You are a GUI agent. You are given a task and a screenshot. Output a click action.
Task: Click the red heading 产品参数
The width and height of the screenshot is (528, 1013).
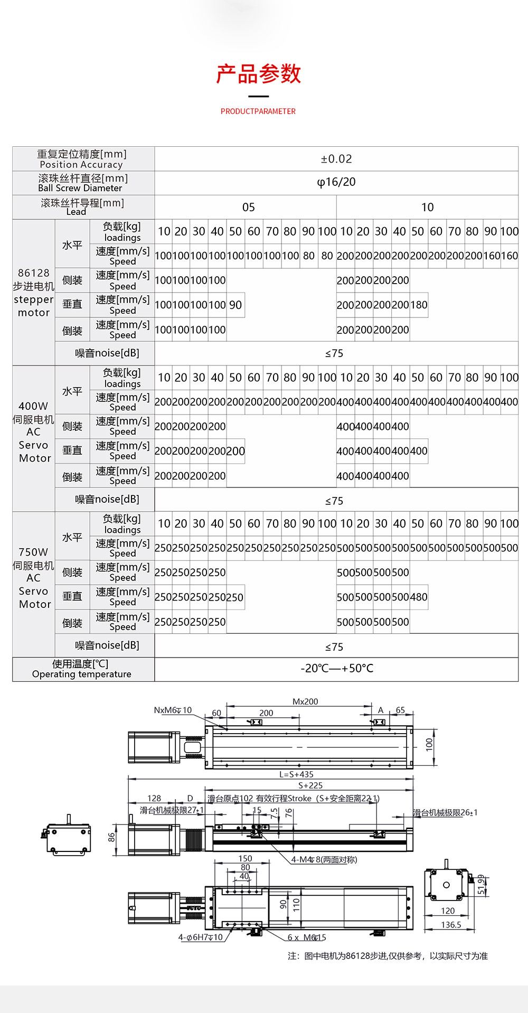coord(258,74)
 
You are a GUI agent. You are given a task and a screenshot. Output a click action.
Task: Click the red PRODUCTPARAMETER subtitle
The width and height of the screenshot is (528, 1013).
coord(258,111)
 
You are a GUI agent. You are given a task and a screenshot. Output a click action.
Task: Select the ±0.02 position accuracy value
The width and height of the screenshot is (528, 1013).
coord(336,159)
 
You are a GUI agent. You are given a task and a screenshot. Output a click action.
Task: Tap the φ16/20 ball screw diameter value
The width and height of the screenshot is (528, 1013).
coord(336,182)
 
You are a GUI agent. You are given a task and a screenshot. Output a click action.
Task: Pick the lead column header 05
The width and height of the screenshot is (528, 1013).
coord(248,207)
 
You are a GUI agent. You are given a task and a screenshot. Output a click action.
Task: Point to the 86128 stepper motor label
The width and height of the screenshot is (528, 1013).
coord(33,293)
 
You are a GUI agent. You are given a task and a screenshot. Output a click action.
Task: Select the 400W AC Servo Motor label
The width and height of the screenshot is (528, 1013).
coord(33,432)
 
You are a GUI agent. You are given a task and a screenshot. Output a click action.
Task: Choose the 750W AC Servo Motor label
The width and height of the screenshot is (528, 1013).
coord(33,578)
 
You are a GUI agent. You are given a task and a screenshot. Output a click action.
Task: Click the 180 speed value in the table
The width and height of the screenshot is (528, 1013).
coord(419,305)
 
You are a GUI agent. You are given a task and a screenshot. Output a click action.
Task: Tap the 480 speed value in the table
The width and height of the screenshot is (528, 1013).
coord(419,597)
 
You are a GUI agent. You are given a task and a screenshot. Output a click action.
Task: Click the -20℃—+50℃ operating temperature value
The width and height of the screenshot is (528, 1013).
coord(336,669)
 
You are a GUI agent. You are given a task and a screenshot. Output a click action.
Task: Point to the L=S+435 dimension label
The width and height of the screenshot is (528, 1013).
coord(296,774)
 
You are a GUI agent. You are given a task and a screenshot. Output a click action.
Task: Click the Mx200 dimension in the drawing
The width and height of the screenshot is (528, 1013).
coord(305,702)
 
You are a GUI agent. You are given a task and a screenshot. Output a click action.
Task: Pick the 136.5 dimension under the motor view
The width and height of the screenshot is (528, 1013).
coord(451,925)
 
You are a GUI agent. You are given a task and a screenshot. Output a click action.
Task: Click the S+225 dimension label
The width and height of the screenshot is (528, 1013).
coord(310,785)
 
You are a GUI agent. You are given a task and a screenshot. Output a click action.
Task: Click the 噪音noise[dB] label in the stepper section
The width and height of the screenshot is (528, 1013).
coord(107,353)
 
